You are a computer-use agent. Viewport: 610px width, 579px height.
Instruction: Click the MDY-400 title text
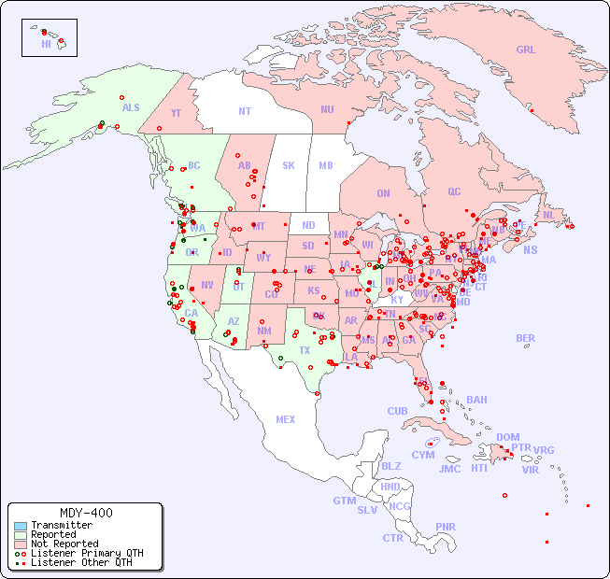tap(85, 513)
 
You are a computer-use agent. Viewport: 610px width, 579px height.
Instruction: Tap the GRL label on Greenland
tap(526, 50)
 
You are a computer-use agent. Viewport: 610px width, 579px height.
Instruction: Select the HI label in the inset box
tap(46, 43)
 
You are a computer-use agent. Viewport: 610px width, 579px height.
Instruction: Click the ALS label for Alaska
tap(131, 107)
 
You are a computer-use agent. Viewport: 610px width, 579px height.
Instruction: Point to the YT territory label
tap(175, 113)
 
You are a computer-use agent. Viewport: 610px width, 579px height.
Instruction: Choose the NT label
tap(244, 110)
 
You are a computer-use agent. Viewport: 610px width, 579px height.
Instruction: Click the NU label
tap(327, 109)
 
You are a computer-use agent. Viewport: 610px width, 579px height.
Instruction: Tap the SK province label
tap(289, 165)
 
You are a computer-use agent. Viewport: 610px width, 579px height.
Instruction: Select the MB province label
tap(325, 165)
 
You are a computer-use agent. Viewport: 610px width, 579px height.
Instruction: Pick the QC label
tap(454, 191)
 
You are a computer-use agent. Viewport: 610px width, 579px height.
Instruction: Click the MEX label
tap(286, 419)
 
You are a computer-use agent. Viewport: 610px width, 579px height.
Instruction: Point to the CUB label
tap(397, 411)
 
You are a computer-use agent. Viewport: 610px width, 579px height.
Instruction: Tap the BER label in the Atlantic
tap(525, 338)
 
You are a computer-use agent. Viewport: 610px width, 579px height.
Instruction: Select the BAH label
tap(476, 400)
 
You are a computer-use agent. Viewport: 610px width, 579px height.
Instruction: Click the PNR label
tap(446, 527)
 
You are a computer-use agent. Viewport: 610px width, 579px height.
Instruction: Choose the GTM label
tap(344, 501)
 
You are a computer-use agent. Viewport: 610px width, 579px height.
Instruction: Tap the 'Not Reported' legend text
tap(64, 544)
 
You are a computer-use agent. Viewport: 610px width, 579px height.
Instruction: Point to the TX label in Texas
tap(305, 350)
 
